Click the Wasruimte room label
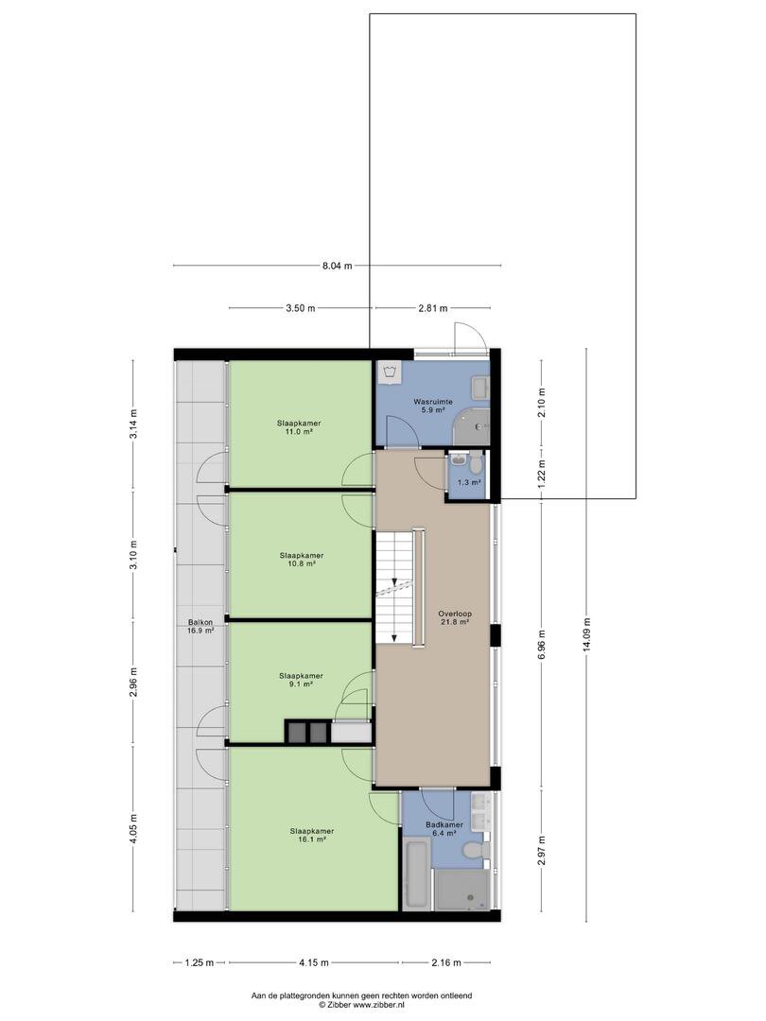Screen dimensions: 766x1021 [432, 406]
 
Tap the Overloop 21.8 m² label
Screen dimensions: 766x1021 [455, 617]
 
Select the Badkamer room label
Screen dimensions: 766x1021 [444, 828]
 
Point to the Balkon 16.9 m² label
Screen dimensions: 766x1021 [200, 626]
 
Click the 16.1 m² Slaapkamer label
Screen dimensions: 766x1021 [312, 836]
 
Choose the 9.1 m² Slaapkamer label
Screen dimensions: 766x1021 [301, 680]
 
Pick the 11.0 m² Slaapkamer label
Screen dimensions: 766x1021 [298, 427]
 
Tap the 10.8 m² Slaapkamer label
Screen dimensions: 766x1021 [302, 560]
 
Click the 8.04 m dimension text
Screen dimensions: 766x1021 [337, 266]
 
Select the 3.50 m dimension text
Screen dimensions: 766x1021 [301, 308]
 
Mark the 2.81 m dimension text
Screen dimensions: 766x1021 [432, 308]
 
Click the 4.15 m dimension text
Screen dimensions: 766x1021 [314, 962]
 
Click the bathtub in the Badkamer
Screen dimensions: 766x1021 [415, 874]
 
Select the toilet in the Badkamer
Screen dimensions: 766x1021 [472, 851]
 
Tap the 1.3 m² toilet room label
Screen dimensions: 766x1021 [469, 482]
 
